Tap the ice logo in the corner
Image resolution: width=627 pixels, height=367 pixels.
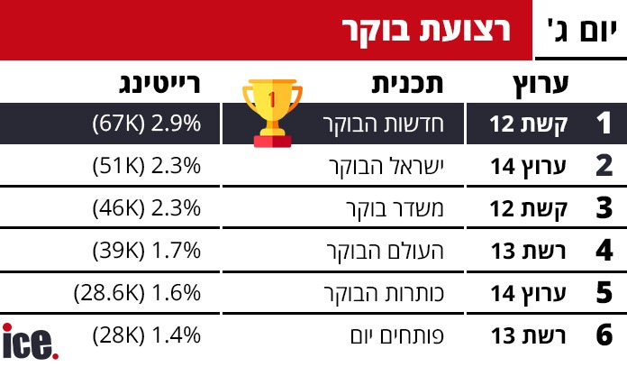31,342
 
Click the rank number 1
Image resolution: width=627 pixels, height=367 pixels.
604,124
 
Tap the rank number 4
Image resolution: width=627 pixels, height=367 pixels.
604,251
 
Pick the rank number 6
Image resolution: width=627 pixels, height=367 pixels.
604,336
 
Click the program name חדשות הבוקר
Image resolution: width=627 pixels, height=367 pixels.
393,124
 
